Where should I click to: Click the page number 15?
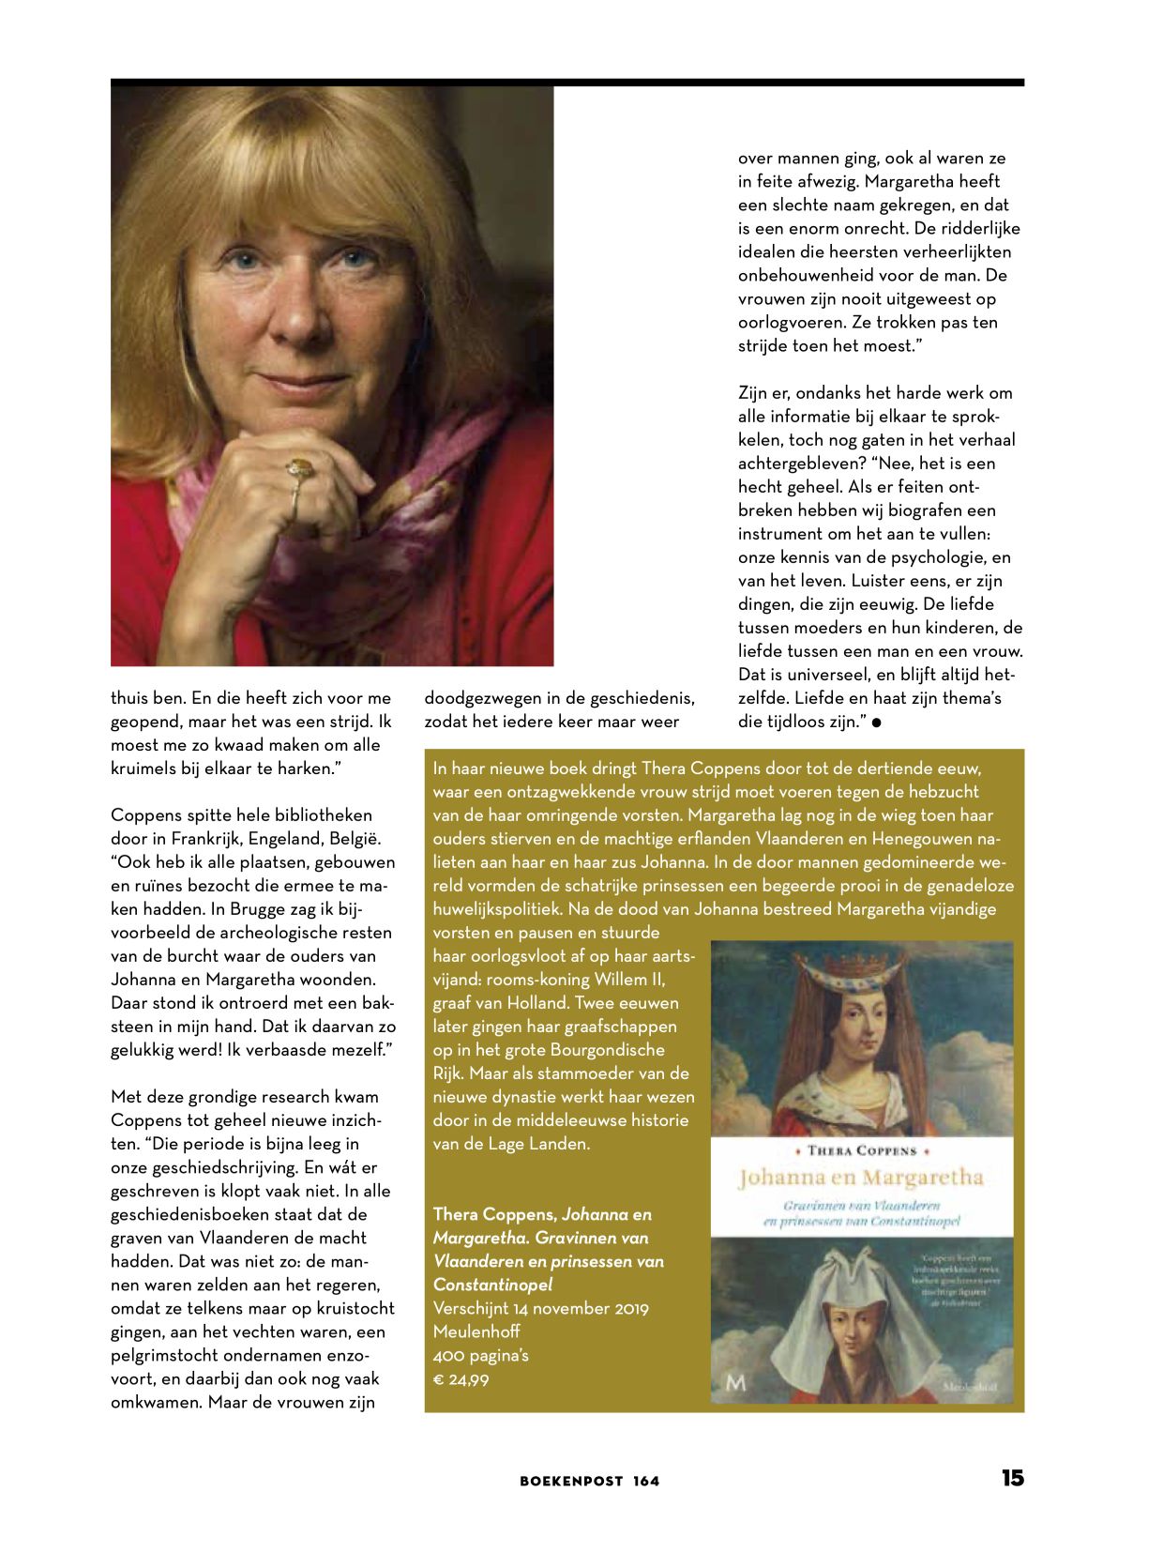point(1012,1478)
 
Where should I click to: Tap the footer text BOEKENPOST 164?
point(589,1482)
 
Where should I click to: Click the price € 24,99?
point(461,1379)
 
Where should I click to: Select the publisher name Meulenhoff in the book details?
point(476,1331)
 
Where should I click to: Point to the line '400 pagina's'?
point(480,1355)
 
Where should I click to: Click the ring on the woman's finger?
point(300,468)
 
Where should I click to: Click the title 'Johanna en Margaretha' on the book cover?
point(860,1178)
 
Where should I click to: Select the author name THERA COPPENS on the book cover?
point(861,1150)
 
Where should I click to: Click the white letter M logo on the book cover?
point(735,1383)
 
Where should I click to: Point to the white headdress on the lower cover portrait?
point(860,1290)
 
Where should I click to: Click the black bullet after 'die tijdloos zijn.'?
point(876,723)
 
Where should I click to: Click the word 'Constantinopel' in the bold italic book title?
point(492,1285)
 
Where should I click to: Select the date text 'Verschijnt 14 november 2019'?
point(540,1308)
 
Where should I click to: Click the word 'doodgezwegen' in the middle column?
point(478,698)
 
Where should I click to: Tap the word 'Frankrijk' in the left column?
point(204,839)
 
